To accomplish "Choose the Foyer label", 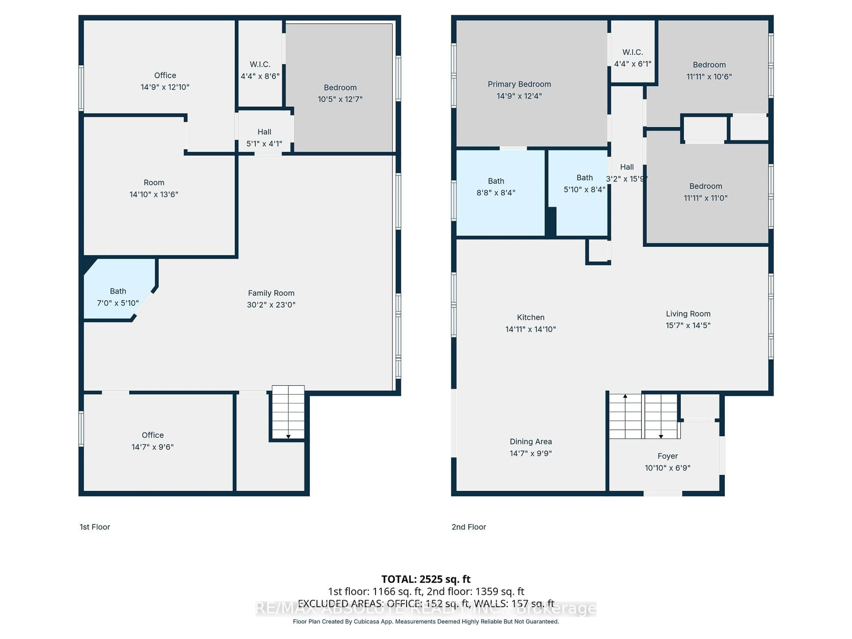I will click(x=667, y=456).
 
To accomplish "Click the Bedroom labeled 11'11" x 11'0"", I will click(x=705, y=192).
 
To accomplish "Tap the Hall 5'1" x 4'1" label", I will click(x=264, y=138).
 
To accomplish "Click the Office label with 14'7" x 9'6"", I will click(x=152, y=441).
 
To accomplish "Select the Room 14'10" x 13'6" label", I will click(x=154, y=188).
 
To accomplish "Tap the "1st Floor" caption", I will click(x=95, y=527).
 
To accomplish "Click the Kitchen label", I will click(x=530, y=317).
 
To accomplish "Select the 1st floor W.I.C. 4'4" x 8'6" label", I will click(x=260, y=70).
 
